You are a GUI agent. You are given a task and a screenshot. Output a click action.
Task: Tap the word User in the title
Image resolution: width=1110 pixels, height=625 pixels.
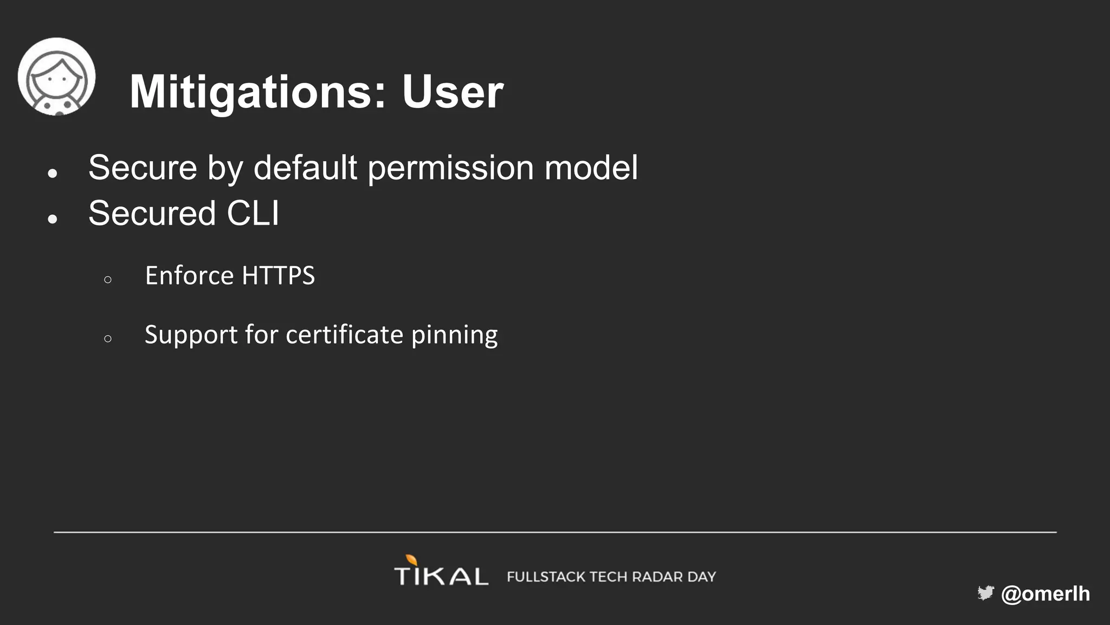click(453, 92)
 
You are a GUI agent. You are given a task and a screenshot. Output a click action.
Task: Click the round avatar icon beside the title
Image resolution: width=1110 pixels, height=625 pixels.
click(56, 76)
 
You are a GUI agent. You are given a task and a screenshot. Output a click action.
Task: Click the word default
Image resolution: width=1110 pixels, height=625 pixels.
click(305, 168)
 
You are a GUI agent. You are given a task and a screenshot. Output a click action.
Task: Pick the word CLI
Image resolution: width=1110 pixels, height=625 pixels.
click(253, 213)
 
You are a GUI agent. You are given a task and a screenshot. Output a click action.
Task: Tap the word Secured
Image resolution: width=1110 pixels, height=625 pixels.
click(152, 213)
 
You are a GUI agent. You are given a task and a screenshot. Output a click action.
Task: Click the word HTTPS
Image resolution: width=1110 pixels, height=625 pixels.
click(278, 276)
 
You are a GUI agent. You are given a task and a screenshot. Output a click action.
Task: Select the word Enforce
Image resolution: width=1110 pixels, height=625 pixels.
click(189, 276)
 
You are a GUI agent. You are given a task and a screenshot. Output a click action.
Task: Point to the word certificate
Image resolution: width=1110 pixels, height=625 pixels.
click(344, 335)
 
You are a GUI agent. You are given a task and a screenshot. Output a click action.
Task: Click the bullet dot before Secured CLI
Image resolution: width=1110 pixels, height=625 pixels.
click(53, 219)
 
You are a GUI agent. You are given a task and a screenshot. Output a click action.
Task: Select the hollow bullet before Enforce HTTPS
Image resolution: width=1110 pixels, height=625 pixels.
click(108, 280)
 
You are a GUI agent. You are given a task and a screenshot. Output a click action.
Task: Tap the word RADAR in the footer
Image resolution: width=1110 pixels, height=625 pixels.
click(657, 577)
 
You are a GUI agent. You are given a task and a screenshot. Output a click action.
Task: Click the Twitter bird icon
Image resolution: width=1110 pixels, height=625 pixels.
click(986, 593)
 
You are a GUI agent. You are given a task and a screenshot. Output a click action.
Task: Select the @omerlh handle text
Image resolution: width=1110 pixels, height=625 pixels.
click(1046, 594)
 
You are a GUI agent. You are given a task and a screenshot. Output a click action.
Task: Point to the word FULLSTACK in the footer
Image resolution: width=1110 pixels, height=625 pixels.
click(546, 577)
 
